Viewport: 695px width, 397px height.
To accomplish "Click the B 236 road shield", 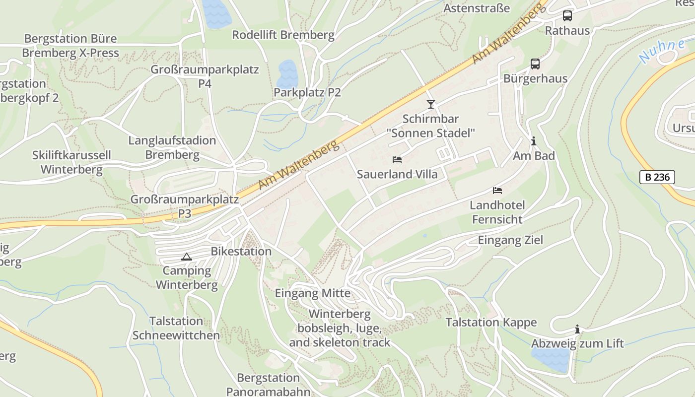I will pos(657,177).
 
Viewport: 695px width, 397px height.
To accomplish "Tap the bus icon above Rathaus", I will pos(567,16).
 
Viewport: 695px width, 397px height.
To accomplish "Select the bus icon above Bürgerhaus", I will pos(535,64).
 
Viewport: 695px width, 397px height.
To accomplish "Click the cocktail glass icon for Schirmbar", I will pos(430,104).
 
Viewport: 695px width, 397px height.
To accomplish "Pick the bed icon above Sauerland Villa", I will pos(397,160).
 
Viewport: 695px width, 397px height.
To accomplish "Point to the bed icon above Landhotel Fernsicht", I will pos(497,191).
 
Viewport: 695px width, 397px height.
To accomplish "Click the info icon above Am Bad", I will pos(534,141).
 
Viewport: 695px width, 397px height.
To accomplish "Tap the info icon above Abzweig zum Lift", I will pos(577,329).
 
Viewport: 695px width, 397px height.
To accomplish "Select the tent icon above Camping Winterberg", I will pos(186,257).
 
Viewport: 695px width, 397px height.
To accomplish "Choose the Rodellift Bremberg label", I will pos(283,35).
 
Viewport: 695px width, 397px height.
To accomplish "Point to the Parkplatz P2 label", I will pos(307,92).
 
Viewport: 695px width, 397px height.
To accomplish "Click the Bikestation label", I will pos(241,251).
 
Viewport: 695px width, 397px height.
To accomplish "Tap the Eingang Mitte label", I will pos(313,293).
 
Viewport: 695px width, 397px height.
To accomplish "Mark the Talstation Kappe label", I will pos(491,323).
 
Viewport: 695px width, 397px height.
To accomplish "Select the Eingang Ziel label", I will pos(510,240).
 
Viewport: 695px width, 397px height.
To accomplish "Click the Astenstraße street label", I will pos(476,8).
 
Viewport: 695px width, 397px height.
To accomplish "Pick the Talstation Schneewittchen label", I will pos(176,328).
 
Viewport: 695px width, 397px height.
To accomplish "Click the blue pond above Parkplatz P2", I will pos(287,73).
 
